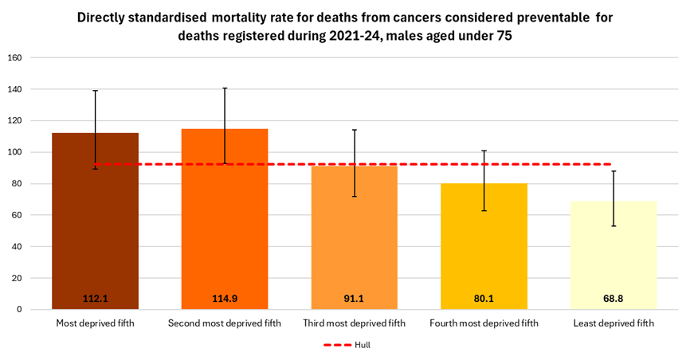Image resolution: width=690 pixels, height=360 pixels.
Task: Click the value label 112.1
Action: tap(95, 299)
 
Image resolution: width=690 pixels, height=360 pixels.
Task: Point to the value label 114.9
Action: tap(224, 299)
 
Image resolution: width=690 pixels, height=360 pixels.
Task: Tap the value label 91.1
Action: tap(354, 299)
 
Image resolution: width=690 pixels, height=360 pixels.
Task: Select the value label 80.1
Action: tap(484, 299)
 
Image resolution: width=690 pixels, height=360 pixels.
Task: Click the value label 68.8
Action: tap(613, 299)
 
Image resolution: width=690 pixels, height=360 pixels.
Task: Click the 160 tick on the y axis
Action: tap(14, 58)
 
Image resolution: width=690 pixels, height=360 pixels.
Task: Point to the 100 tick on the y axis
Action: tap(14, 152)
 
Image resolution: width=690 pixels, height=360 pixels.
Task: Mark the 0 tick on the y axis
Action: tap(19, 310)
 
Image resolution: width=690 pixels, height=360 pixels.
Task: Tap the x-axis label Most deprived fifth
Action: tap(95, 323)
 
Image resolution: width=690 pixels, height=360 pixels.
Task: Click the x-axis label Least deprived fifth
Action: tap(613, 323)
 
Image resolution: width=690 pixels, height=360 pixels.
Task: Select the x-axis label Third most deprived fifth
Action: tap(354, 323)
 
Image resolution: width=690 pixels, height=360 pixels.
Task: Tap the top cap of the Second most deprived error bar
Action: tap(224, 88)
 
